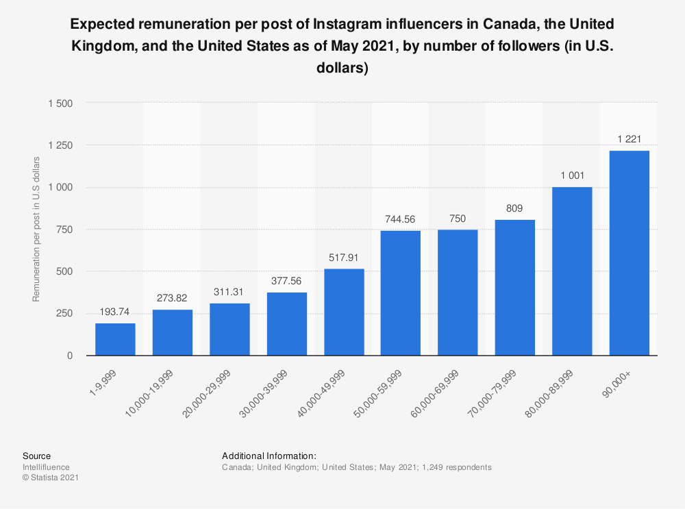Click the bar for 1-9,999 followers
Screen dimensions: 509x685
[x=115, y=339]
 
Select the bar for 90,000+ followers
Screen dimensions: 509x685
[x=629, y=253]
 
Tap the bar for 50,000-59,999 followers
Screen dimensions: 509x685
[x=401, y=293]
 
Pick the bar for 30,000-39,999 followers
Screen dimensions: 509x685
[x=286, y=324]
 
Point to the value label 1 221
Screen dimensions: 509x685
[x=629, y=140]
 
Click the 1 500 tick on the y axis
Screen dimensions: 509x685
[x=60, y=103]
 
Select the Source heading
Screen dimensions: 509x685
[x=36, y=456]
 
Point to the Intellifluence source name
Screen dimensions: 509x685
[x=45, y=467]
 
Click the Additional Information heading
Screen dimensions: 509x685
[x=269, y=456]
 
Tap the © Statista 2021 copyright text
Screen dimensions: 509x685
[x=51, y=478]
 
